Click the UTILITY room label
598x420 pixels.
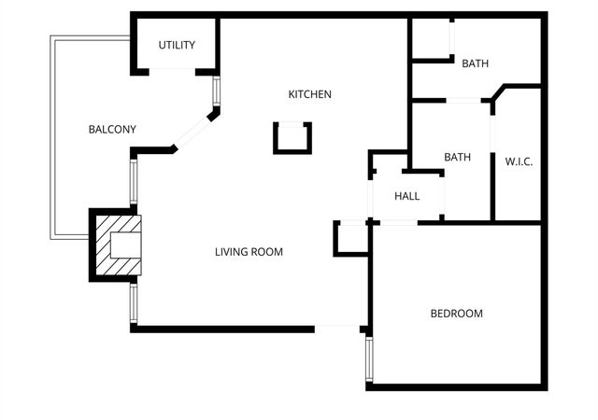point(176,45)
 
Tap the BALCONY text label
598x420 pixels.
point(112,129)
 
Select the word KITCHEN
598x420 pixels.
point(309,94)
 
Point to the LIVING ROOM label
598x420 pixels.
point(249,252)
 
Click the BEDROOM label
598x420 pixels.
point(456,314)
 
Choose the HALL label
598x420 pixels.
point(406,197)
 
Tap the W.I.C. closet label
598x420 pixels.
point(519,161)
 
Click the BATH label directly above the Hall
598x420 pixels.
point(457,158)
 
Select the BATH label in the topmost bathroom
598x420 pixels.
point(475,63)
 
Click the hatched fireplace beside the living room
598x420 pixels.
point(119,245)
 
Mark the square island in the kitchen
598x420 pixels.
point(291,137)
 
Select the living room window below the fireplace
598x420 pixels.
point(134,302)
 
